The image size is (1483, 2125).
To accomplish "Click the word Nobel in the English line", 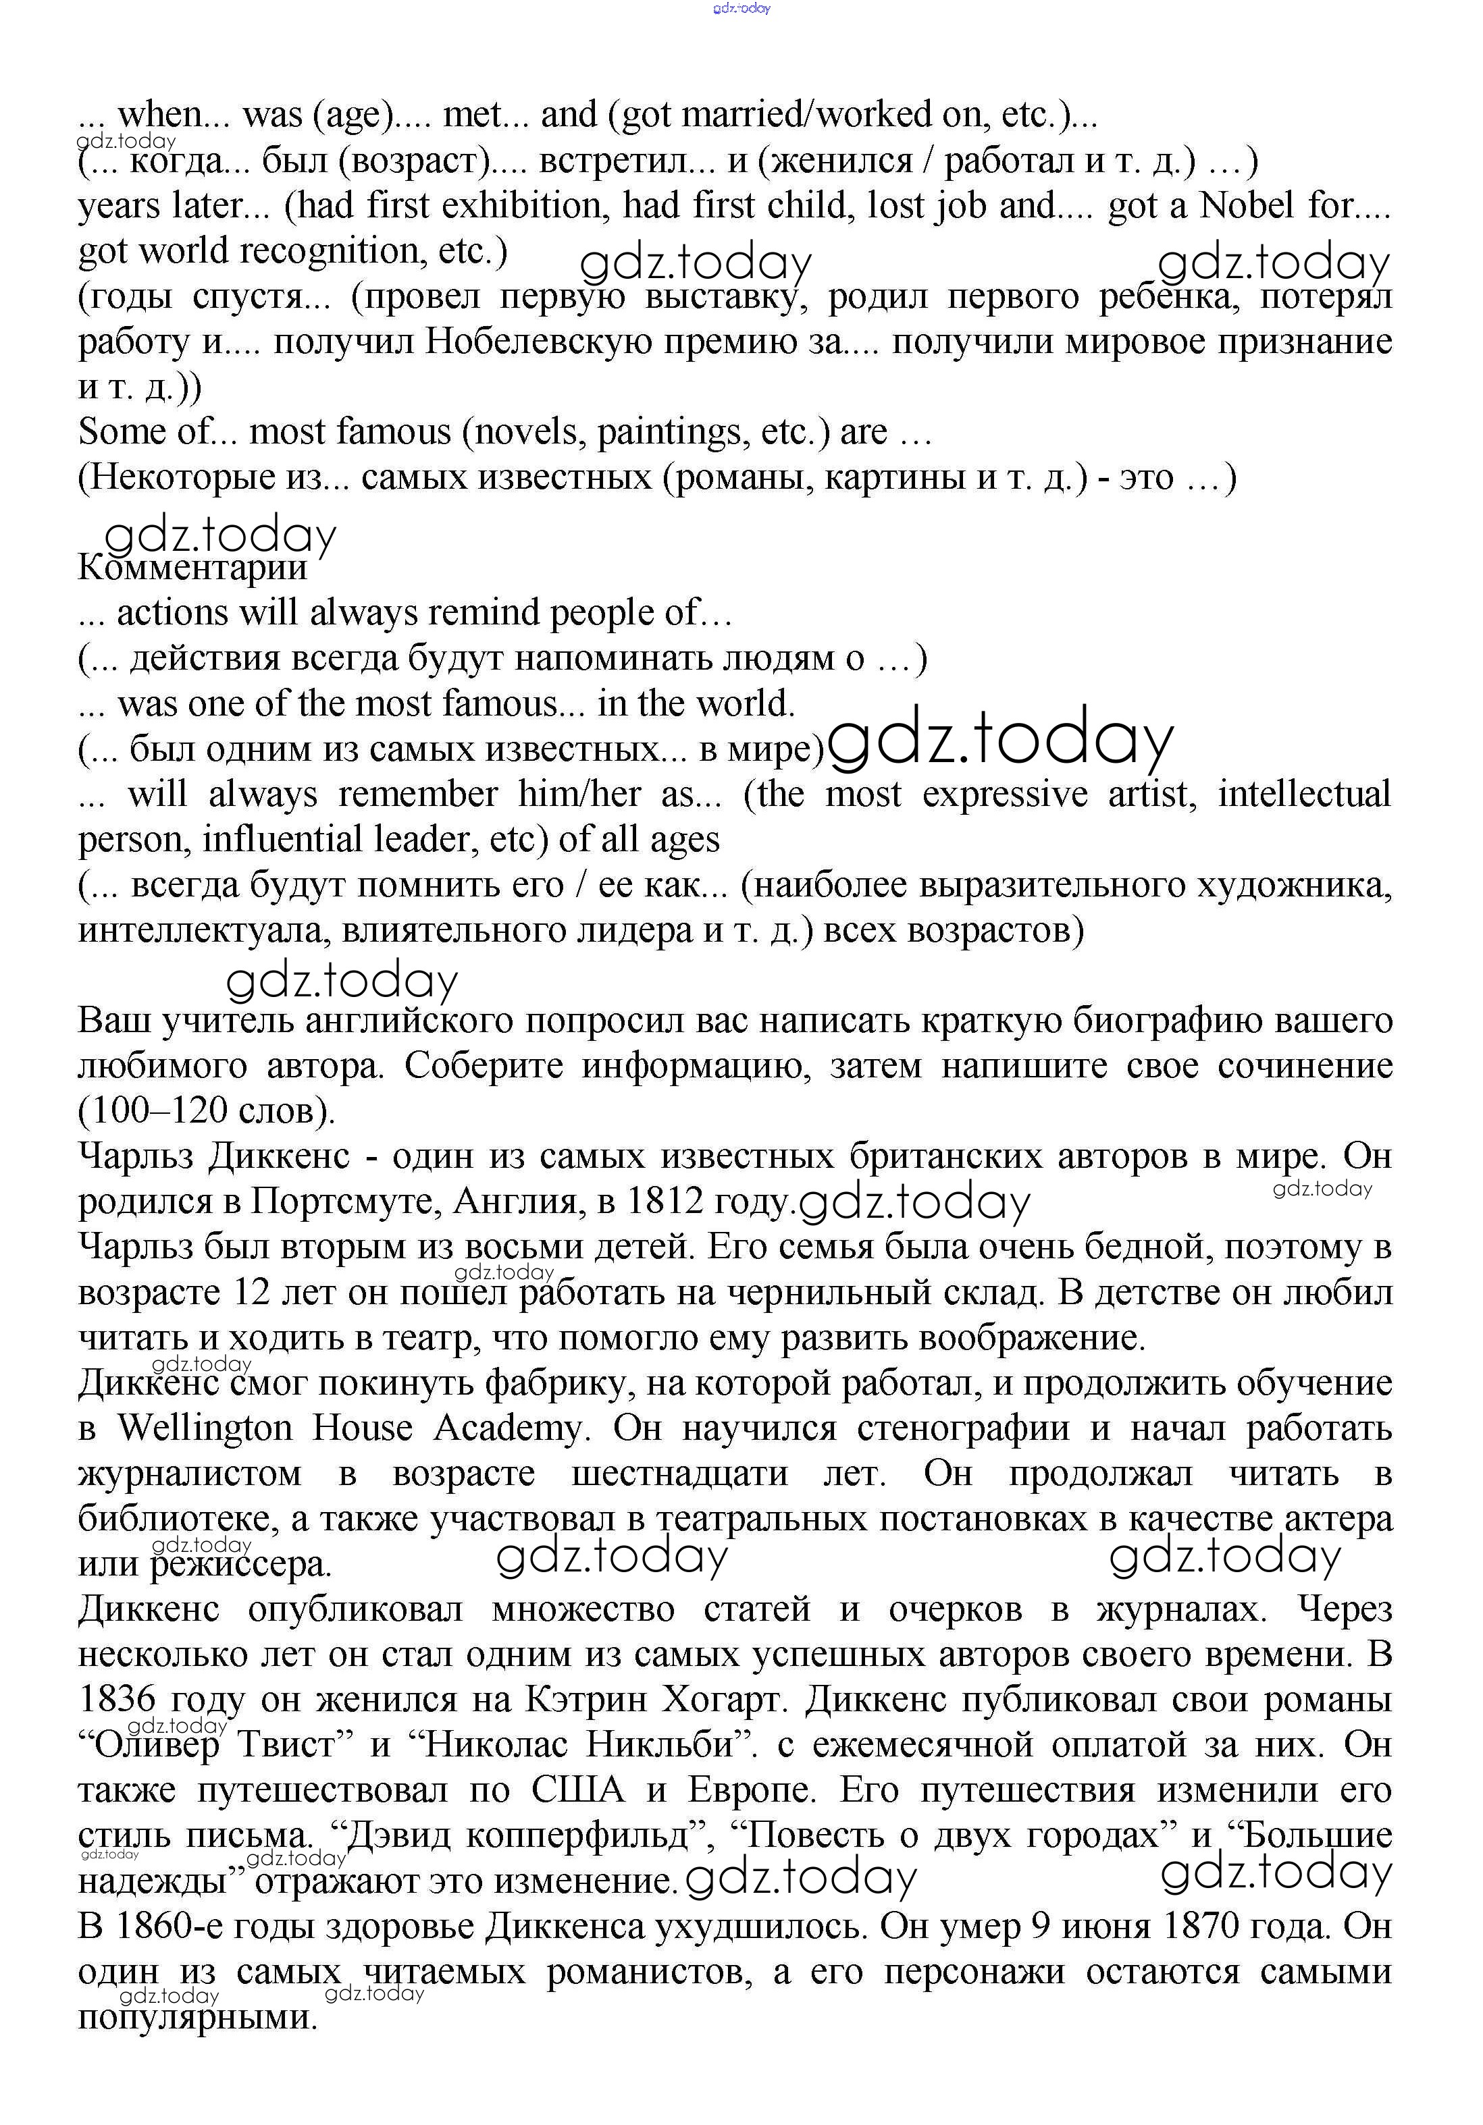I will [1247, 205].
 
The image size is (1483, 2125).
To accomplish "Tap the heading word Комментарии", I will [192, 567].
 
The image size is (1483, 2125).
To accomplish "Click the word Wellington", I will [204, 1428].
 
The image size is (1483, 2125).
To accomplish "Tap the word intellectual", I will [1303, 794].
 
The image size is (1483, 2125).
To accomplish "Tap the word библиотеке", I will [176, 1519].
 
